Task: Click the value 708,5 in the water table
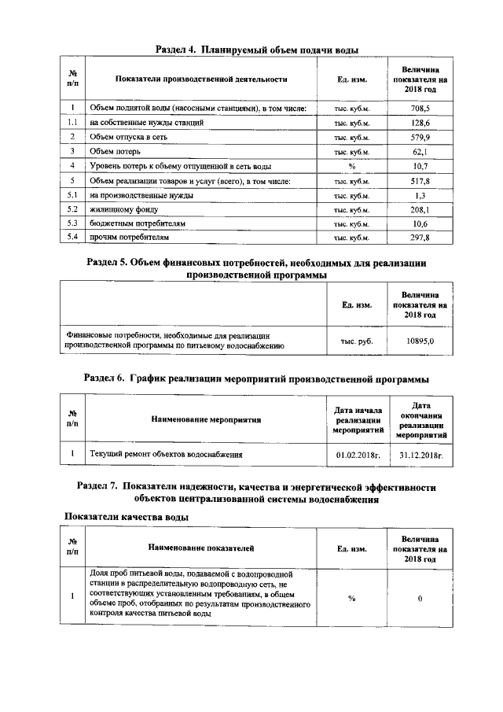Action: (420, 108)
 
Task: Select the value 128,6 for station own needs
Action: (420, 123)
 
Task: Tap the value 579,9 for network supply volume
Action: (420, 137)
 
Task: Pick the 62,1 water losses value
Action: (420, 151)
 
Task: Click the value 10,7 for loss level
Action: (420, 166)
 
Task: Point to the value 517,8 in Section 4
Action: (420, 180)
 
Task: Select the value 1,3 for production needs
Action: (420, 194)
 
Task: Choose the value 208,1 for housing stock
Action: (420, 208)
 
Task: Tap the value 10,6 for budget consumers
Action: (420, 223)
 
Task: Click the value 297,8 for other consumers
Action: (420, 237)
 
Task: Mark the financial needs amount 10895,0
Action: (420, 341)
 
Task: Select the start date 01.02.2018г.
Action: (358, 454)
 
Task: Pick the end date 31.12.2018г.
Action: (421, 454)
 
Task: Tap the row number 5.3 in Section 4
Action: (72, 223)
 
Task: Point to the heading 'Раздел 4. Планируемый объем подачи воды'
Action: (251, 49)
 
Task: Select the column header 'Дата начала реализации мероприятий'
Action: (358, 420)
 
